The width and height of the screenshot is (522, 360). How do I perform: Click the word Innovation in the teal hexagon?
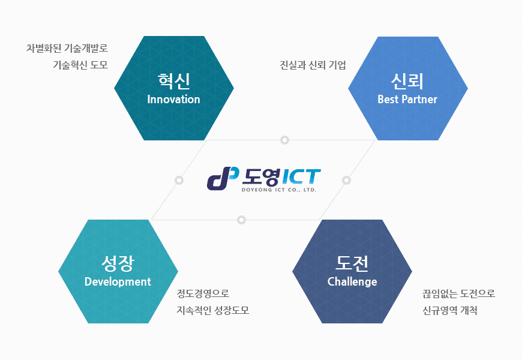click(173, 99)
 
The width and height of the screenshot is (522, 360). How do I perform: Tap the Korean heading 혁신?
click(174, 81)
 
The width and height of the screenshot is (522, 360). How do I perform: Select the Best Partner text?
click(407, 99)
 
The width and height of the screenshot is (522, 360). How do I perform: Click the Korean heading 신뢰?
click(407, 81)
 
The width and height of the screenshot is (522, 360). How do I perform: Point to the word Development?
click(118, 282)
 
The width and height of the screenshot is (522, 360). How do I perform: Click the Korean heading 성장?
click(118, 264)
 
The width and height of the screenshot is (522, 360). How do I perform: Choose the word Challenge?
click(352, 282)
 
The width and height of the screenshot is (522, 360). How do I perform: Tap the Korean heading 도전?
click(352, 263)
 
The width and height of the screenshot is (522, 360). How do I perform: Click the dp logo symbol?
click(223, 178)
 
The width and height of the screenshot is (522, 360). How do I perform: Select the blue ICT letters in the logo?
click(301, 176)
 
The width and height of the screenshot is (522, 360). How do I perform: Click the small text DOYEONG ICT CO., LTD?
click(278, 190)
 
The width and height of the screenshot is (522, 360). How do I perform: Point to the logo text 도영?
click(261, 177)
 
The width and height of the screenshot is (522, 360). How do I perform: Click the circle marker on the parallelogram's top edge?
click(284, 140)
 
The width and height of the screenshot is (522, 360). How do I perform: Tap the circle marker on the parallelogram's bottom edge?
click(241, 220)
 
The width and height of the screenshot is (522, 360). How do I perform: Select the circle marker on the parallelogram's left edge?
click(179, 180)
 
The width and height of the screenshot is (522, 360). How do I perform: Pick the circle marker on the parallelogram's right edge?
click(346, 180)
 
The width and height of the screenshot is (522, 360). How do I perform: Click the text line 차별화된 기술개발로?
click(67, 48)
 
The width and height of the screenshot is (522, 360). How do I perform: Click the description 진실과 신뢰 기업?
click(313, 65)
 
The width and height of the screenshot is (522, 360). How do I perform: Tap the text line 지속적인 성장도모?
click(213, 310)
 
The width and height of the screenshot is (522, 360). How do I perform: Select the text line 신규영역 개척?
click(450, 310)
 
